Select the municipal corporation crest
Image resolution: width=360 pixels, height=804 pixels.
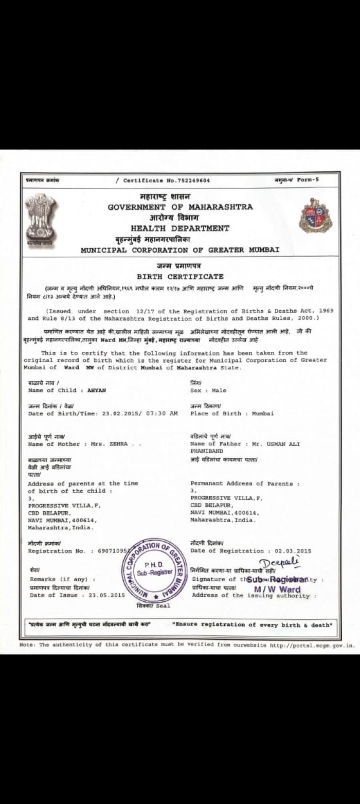pos(315,216)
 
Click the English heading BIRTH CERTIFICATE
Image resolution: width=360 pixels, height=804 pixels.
pos(180,277)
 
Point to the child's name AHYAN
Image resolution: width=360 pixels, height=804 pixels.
pos(96,390)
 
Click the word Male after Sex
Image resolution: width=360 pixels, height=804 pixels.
pos(219,390)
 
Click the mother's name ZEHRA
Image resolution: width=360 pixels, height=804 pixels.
pos(118,444)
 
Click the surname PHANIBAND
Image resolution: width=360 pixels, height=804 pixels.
pos(207,451)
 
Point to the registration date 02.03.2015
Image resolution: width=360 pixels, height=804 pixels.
pos(293,551)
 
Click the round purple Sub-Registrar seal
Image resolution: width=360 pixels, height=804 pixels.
pos(153,570)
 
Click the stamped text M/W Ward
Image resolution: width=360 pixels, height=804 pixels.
pos(277,589)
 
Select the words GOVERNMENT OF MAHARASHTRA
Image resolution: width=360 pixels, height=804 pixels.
pos(180,207)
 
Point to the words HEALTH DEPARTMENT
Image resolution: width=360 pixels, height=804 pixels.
pos(180,228)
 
